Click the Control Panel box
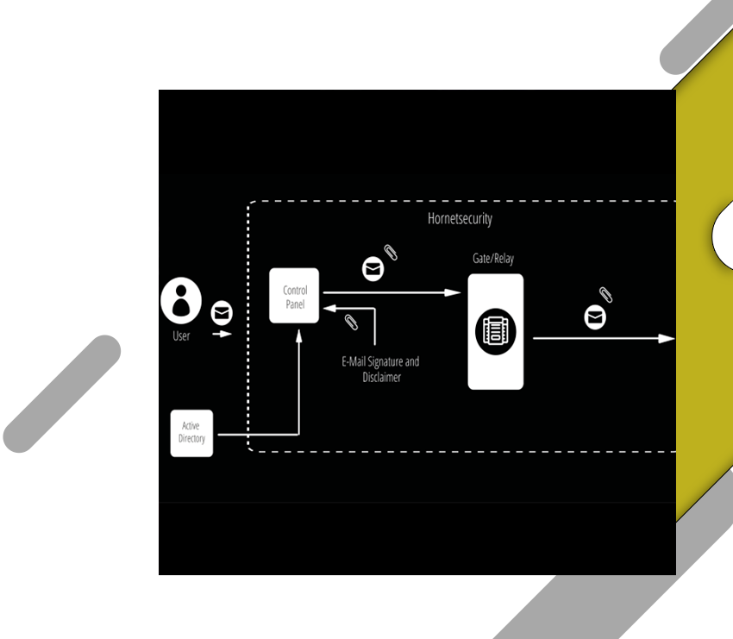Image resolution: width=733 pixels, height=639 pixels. pyautogui.click(x=294, y=296)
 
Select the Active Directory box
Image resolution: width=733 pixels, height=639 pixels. pyautogui.click(x=191, y=433)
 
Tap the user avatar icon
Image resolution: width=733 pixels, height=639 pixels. pyautogui.click(x=181, y=301)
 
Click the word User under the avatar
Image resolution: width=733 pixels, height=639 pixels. pyautogui.click(x=181, y=335)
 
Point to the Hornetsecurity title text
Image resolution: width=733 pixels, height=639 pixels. pyautogui.click(x=460, y=219)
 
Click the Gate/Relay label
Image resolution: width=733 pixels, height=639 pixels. pyautogui.click(x=493, y=259)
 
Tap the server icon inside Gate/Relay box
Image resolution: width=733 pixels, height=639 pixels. pyautogui.click(x=496, y=331)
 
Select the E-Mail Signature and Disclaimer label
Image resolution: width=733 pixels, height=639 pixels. pyautogui.click(x=380, y=369)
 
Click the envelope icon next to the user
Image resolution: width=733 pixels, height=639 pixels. pyautogui.click(x=222, y=313)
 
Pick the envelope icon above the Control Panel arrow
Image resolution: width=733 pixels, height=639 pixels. pyautogui.click(x=373, y=269)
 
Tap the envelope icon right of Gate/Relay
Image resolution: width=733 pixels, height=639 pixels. pyautogui.click(x=595, y=317)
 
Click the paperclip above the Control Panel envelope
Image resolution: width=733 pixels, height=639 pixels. pyautogui.click(x=391, y=253)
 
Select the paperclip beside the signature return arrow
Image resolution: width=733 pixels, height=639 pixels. pyautogui.click(x=351, y=322)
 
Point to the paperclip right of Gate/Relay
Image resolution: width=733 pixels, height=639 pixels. pyautogui.click(x=606, y=295)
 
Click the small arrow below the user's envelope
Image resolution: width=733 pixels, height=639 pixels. pyautogui.click(x=222, y=334)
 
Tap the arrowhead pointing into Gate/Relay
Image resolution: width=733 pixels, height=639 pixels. pyautogui.click(x=453, y=292)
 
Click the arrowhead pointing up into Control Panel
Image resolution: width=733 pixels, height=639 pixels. pyautogui.click(x=298, y=336)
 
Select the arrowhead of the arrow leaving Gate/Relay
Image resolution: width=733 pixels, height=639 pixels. pyautogui.click(x=667, y=338)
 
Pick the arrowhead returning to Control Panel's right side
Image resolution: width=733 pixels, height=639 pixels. pyautogui.click(x=330, y=309)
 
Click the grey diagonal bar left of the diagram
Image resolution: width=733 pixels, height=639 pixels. pyautogui.click(x=62, y=393)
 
